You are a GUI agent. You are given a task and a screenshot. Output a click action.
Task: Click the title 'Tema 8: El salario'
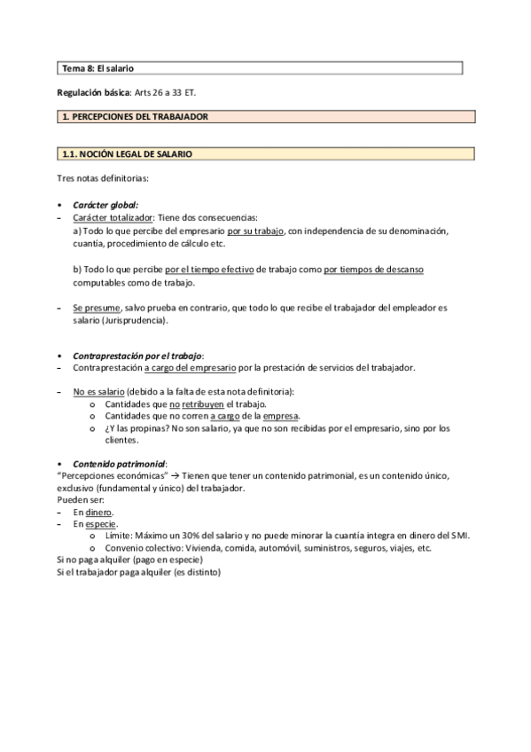point(98,67)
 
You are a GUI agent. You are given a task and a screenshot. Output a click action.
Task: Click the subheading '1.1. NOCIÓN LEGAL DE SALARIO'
point(127,153)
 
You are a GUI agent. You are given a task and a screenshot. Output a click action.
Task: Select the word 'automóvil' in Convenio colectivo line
point(302,548)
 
